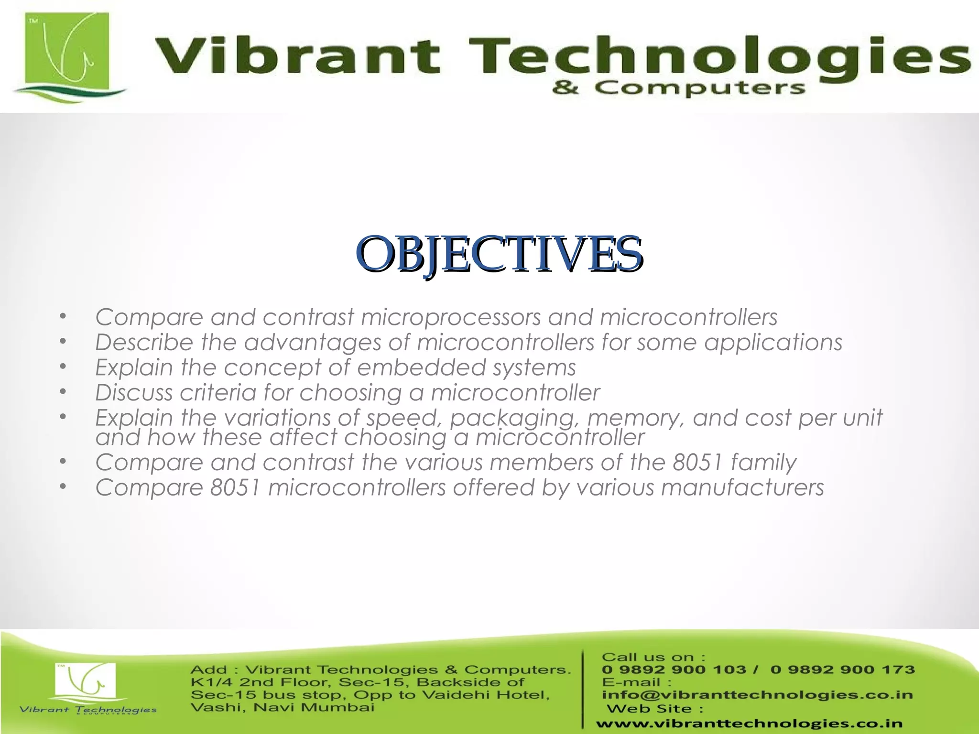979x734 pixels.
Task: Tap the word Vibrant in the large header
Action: [x=296, y=56]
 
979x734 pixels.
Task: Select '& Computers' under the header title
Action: [x=678, y=88]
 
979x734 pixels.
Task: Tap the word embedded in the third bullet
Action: [x=421, y=367]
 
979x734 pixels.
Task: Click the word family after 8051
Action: [x=763, y=463]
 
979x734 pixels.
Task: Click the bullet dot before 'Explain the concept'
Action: [x=62, y=367]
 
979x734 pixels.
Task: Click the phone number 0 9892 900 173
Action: [x=842, y=669]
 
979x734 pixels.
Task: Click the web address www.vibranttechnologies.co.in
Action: [x=749, y=723]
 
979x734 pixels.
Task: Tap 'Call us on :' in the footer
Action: [x=653, y=657]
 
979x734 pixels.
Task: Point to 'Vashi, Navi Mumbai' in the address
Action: [x=282, y=707]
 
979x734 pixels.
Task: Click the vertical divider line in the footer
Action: [x=583, y=688]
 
